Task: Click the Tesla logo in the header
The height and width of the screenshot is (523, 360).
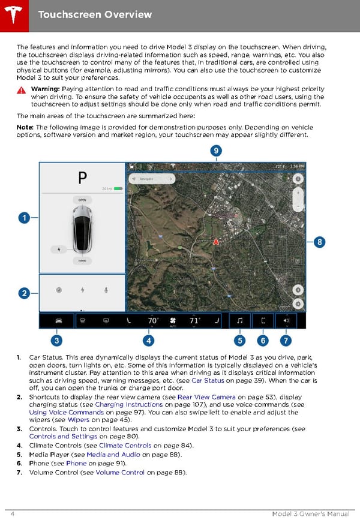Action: tap(13, 13)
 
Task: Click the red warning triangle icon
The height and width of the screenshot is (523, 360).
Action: tap(22, 90)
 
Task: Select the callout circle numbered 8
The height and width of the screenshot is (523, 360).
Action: tap(320, 242)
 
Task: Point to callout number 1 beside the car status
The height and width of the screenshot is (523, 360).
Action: tap(23, 218)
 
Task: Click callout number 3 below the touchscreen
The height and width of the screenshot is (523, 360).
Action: tap(56, 341)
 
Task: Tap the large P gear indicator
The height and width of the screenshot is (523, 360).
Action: tap(82, 178)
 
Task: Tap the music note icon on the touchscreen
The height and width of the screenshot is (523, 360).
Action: tap(240, 321)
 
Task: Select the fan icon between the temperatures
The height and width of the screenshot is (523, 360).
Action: tap(174, 321)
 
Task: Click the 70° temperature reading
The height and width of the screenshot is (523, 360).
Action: tap(153, 321)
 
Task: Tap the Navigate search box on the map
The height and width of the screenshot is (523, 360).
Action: tap(151, 179)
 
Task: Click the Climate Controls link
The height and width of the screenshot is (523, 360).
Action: tap(125, 446)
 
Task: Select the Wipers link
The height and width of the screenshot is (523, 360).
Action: tap(79, 420)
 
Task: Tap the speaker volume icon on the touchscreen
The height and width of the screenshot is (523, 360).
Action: tap(286, 321)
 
